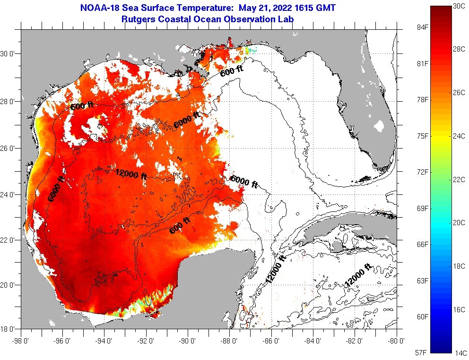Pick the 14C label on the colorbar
point(460,353)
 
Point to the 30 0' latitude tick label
point(10,54)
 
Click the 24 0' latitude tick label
point(10,194)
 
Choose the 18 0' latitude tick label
point(10,329)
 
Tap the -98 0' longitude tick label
point(21,340)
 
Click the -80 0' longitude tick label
point(396,340)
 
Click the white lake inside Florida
point(379,126)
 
